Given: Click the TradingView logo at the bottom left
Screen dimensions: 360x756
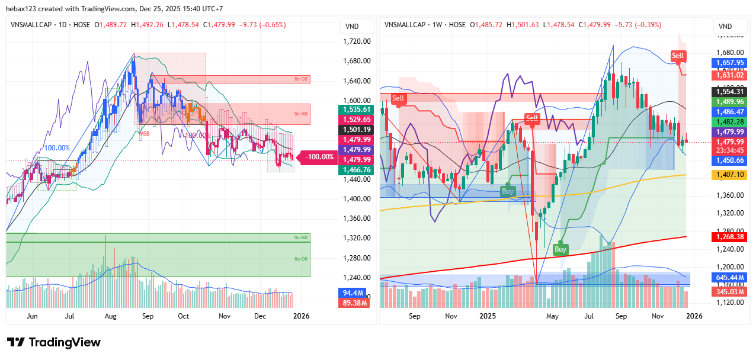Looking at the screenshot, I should pyautogui.click(x=53, y=342).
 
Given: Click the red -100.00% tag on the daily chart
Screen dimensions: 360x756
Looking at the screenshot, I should pyautogui.click(x=321, y=157).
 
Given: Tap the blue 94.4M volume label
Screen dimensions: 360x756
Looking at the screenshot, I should pyautogui.click(x=353, y=292).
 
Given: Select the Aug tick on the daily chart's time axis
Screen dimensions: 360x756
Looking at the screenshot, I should pyautogui.click(x=110, y=316).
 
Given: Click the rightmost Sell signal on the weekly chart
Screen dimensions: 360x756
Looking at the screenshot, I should pyautogui.click(x=677, y=56).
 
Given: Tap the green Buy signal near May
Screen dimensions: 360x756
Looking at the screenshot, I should pyautogui.click(x=560, y=249).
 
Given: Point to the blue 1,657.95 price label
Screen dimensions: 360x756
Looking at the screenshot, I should pyautogui.click(x=729, y=62).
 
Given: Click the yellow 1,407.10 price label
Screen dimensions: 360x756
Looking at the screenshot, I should pyautogui.click(x=729, y=175).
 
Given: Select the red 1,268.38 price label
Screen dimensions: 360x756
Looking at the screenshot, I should pyautogui.click(x=729, y=236).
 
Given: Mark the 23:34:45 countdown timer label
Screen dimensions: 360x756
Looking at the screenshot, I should pyautogui.click(x=729, y=150).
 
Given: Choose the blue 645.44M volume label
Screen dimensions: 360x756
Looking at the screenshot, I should pyautogui.click(x=729, y=277).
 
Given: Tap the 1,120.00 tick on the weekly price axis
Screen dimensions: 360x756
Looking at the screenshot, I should pyautogui.click(x=729, y=302).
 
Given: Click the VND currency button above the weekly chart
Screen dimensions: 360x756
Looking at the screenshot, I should pyautogui.click(x=725, y=26).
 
